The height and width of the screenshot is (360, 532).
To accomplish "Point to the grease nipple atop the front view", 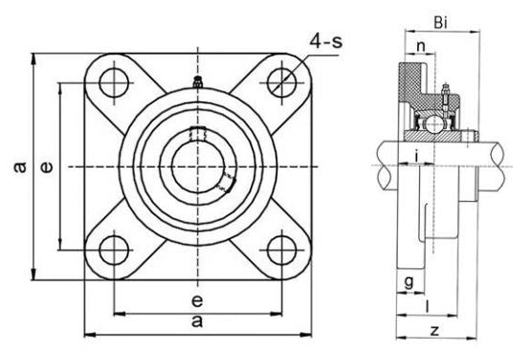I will (x=198, y=83).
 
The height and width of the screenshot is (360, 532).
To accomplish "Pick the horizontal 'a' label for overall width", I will (x=197, y=323).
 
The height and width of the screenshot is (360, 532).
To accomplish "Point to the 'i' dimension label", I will (x=416, y=155).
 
